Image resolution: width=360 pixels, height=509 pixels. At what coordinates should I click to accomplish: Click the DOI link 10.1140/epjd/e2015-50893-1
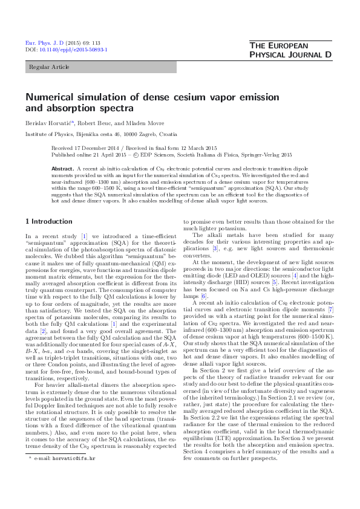[73, 50]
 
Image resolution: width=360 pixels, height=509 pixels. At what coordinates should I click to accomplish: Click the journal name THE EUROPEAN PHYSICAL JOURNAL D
[290, 51]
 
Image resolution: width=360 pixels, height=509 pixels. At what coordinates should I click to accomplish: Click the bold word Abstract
[63, 167]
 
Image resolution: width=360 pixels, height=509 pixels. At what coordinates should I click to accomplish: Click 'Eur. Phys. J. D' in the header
[39, 44]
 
